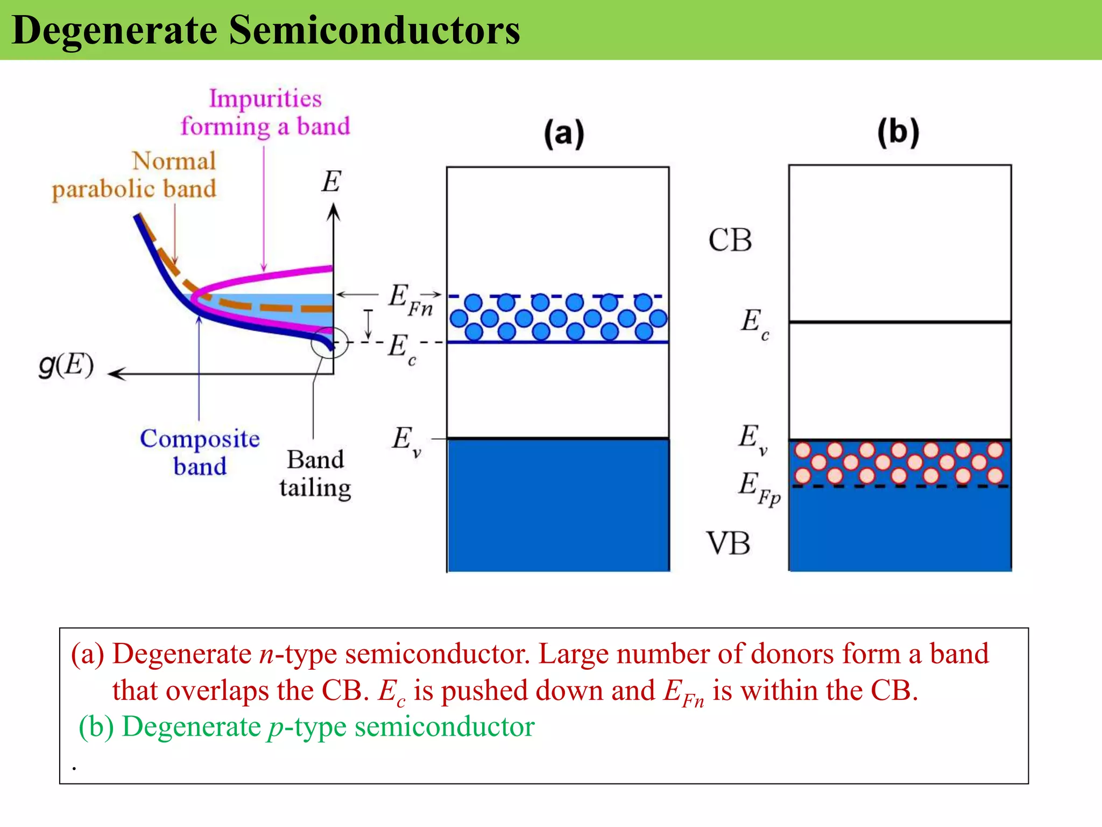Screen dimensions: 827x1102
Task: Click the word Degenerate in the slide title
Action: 114,31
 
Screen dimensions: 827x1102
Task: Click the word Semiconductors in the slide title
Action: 375,31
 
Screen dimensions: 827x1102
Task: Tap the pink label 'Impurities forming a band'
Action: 265,113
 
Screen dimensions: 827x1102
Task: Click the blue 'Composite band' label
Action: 200,452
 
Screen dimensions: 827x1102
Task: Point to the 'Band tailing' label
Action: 315,474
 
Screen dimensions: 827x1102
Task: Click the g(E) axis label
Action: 66,366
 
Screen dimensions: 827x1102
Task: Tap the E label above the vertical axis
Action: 331,181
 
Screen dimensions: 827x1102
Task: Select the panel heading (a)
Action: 563,134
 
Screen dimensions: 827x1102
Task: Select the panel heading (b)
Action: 898,132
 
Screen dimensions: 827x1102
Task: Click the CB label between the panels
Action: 730,240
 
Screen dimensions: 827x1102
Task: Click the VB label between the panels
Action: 728,543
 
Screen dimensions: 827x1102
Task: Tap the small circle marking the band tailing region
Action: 329,342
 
